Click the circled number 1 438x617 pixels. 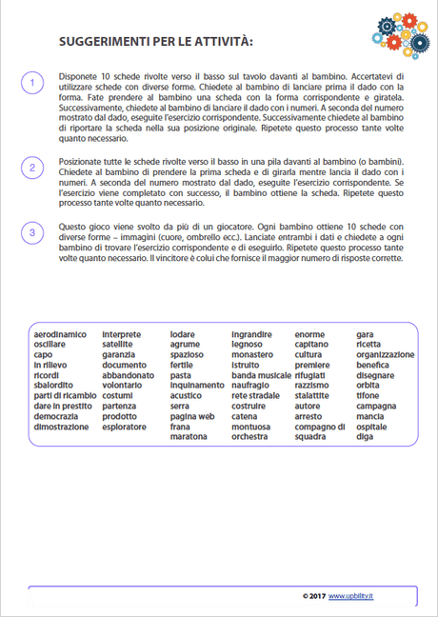[x=31, y=84]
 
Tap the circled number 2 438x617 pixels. [x=31, y=169]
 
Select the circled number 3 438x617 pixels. [x=31, y=231]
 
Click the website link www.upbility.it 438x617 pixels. [x=353, y=595]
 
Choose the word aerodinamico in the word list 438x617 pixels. [x=59, y=335]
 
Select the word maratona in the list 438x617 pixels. [x=189, y=438]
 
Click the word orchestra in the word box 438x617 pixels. [x=249, y=438]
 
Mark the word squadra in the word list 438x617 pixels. [x=310, y=438]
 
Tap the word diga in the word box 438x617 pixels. [x=365, y=438]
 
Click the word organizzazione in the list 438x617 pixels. [x=386, y=355]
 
